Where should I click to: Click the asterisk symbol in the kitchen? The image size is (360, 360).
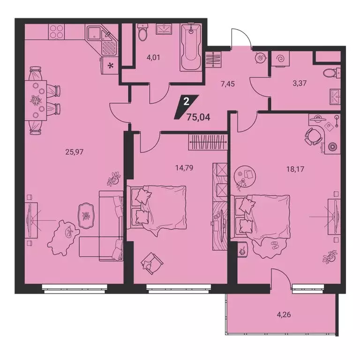[x=111, y=66]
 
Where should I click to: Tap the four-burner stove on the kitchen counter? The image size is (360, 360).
[x=57, y=33]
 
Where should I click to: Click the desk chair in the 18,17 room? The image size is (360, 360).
[x=312, y=136]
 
